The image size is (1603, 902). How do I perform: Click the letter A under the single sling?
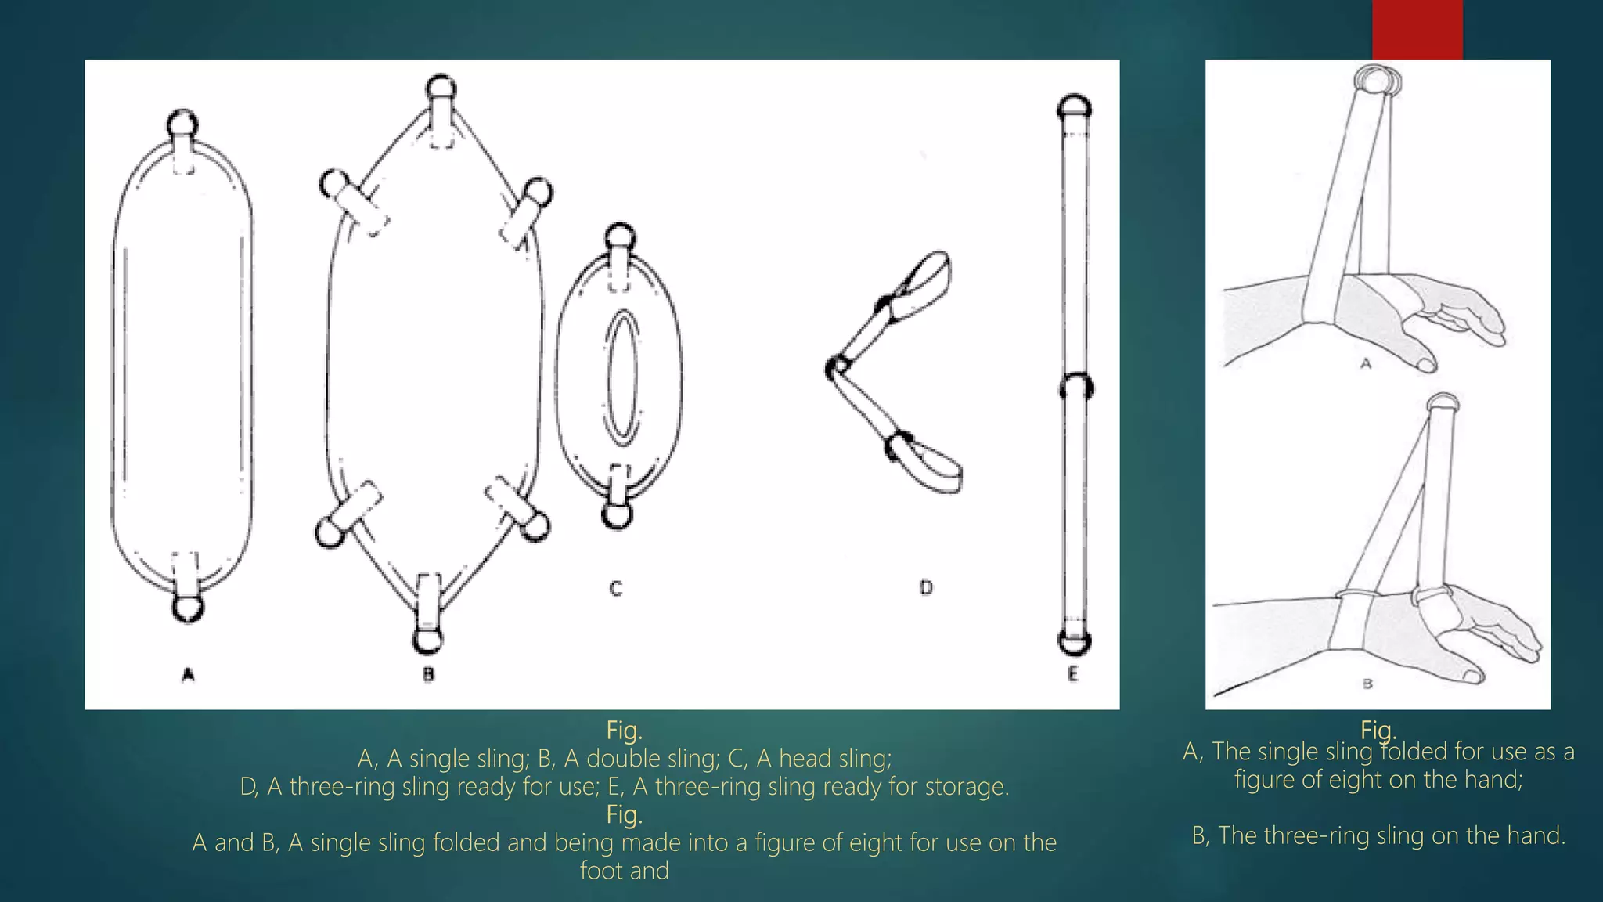[187, 674]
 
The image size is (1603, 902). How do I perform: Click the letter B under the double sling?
[428, 674]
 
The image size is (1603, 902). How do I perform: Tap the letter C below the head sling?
[616, 589]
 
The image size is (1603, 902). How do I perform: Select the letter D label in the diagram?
[926, 587]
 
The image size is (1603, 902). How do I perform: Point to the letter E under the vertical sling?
[1073, 674]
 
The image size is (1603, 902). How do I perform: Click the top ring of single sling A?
[183, 124]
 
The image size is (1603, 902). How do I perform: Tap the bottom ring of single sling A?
[187, 608]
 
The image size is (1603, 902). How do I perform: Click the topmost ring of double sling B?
[441, 88]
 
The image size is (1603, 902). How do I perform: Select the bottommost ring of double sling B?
[427, 640]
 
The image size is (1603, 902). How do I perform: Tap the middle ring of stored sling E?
[1075, 387]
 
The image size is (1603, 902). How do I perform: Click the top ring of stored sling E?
[1074, 106]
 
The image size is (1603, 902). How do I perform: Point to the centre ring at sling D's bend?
[837, 367]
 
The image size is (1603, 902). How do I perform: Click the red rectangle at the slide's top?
[1417, 29]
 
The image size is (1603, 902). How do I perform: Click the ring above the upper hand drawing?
[1377, 79]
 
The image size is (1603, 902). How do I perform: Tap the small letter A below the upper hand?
[1366, 363]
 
